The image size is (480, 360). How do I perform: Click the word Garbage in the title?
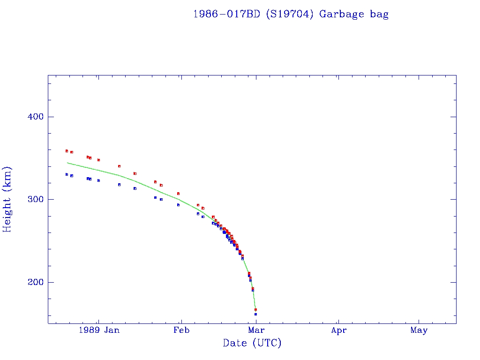[x=341, y=14]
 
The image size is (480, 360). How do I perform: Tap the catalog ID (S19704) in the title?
[x=289, y=14]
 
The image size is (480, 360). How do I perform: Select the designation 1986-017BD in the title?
[x=227, y=14]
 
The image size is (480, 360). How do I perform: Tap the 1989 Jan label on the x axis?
[x=98, y=330]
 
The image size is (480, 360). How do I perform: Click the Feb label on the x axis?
[x=181, y=330]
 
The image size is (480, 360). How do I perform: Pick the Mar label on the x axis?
[x=255, y=330]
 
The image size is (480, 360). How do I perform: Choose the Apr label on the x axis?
[x=338, y=330]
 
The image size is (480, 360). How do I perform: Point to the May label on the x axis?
[x=419, y=330]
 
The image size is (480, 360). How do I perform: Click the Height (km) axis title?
[x=7, y=199]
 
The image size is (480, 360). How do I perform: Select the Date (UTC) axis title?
[x=252, y=344]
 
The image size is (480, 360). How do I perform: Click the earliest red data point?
[x=67, y=151]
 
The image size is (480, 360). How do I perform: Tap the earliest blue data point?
[x=67, y=174]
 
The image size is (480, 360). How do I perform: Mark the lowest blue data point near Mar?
[x=255, y=314]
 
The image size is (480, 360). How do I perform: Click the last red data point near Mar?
[x=255, y=309]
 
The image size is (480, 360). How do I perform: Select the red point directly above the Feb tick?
[x=178, y=194]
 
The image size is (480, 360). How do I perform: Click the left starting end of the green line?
[x=67, y=163]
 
